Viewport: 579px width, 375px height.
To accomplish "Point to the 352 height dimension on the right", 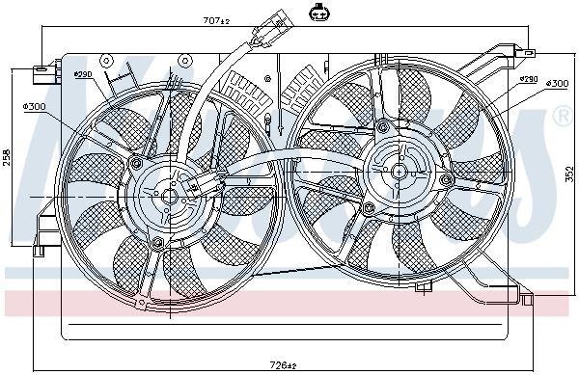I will tap(570, 174).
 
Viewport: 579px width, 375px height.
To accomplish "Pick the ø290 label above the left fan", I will tap(82, 74).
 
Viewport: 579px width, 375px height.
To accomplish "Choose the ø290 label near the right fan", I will tap(528, 79).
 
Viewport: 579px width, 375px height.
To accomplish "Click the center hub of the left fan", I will tap(168, 195).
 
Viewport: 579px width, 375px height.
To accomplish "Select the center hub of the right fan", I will tap(398, 170).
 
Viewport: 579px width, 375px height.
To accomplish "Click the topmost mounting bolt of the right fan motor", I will tap(383, 125).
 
